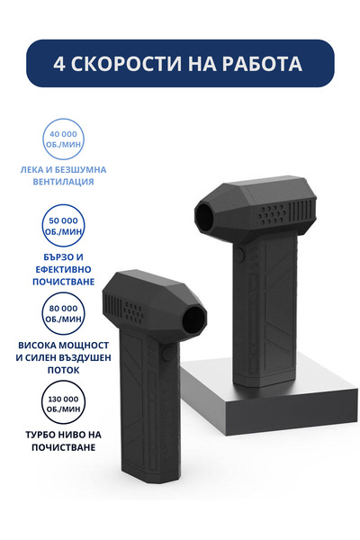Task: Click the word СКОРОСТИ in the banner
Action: pyautogui.click(x=126, y=64)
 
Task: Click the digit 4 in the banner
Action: pyautogui.click(x=58, y=64)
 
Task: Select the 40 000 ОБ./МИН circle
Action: pyautogui.click(x=63, y=139)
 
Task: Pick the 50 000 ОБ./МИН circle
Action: pyautogui.click(x=63, y=225)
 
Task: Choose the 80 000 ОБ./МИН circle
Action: pyautogui.click(x=63, y=313)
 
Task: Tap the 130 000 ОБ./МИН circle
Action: pyautogui.click(x=63, y=403)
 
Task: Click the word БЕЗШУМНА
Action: pyautogui.click(x=78, y=170)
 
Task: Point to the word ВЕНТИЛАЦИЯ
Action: pyautogui.click(x=63, y=182)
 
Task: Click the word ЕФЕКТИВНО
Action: pyautogui.click(x=63, y=269)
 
